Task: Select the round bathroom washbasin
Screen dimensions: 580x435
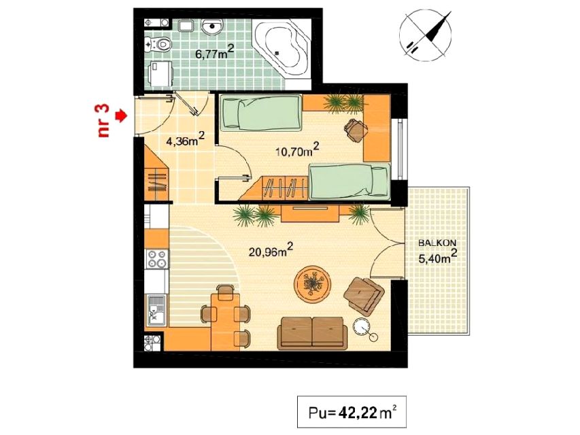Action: click(212, 27)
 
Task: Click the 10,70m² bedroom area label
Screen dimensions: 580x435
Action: click(297, 149)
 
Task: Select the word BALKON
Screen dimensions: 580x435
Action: click(437, 243)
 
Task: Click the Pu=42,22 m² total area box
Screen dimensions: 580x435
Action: click(352, 412)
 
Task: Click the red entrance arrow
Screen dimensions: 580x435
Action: click(121, 116)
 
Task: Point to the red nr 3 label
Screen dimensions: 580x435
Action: click(104, 121)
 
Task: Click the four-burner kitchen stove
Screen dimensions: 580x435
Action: click(157, 258)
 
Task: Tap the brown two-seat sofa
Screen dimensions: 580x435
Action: click(313, 332)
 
